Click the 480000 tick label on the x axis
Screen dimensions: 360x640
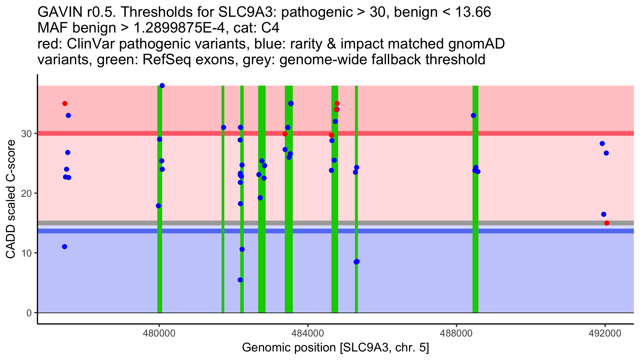coord(159,334)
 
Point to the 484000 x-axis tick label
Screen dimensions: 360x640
coord(308,334)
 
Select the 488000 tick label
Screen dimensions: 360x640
coord(456,334)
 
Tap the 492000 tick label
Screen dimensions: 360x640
coord(605,334)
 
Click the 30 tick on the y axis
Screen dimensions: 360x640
coord(26,134)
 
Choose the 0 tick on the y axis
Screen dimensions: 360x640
coord(29,313)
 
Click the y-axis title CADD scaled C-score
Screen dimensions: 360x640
coord(11,199)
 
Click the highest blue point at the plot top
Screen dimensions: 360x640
coord(162,86)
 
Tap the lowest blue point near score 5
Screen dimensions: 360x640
coord(240,280)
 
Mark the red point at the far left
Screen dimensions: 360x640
coord(65,103)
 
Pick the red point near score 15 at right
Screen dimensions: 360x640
coord(607,223)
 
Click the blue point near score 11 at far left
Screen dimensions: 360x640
coord(65,247)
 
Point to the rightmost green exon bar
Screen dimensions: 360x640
coord(475,199)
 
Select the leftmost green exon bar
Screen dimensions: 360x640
coord(159,199)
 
